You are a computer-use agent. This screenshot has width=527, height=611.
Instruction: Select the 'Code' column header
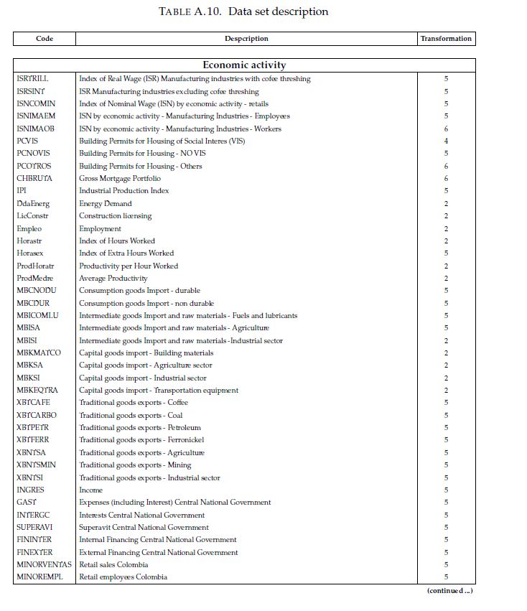(x=45, y=39)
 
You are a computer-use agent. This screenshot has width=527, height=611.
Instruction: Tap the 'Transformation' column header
(x=446, y=39)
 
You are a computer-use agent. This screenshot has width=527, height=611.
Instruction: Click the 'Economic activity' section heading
(x=244, y=65)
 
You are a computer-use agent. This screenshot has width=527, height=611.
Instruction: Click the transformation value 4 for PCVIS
(x=446, y=141)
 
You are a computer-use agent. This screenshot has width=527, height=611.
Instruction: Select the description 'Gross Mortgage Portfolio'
(x=120, y=179)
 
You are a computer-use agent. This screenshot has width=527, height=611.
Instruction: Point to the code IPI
(x=22, y=191)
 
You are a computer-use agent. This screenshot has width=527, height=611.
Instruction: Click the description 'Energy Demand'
(x=106, y=204)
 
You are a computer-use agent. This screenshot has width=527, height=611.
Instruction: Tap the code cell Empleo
(x=29, y=228)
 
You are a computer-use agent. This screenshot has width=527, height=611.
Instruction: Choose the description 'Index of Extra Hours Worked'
(x=126, y=253)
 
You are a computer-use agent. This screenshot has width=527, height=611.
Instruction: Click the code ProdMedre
(x=35, y=279)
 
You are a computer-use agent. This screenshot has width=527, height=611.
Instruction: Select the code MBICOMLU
(x=37, y=316)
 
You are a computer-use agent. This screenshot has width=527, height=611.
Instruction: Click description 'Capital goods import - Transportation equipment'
(x=159, y=391)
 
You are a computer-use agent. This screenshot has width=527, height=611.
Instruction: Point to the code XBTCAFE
(x=34, y=403)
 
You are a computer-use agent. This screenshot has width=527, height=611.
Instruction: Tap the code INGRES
(x=30, y=490)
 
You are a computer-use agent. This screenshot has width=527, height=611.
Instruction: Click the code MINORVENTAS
(x=44, y=565)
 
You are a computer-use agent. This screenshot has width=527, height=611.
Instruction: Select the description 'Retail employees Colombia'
(x=123, y=577)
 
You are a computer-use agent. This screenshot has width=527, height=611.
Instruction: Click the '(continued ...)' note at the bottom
(x=449, y=591)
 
